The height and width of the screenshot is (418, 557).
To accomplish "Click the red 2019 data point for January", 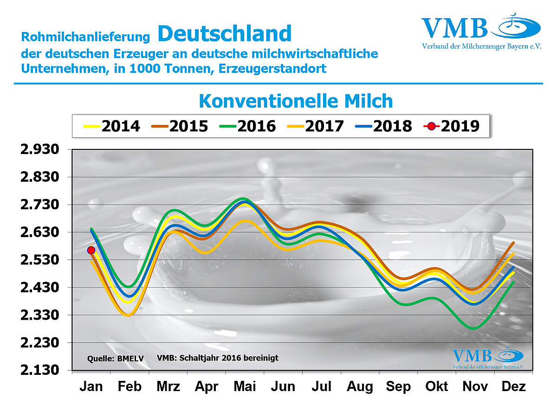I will coord(91,250).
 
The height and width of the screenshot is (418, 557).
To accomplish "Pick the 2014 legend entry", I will coord(111,126).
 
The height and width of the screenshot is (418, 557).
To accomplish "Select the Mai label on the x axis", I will coord(245,386).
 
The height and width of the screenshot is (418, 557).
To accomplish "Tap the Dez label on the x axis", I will coord(514,386).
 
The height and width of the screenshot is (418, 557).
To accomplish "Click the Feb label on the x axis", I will coord(130,386).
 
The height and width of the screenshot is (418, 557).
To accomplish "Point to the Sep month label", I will coord(398,386).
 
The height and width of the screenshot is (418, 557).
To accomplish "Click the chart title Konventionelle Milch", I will coord(296,101).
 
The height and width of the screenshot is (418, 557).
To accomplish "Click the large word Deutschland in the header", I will coord(224,33).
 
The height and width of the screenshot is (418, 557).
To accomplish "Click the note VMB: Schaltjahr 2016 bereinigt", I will coord(218,358).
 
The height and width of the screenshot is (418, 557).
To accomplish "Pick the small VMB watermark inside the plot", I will coord(473,355).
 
